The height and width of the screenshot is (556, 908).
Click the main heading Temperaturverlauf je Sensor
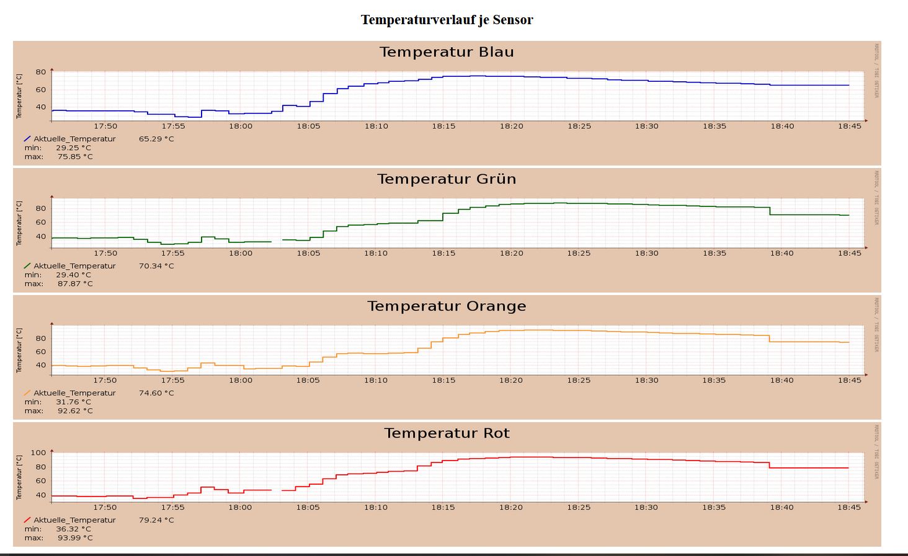[447, 20]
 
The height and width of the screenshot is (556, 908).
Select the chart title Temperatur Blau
[447, 52]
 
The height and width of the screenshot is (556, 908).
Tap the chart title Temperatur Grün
[447, 179]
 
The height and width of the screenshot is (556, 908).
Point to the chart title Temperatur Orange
[447, 306]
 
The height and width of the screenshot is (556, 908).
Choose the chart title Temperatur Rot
[447, 433]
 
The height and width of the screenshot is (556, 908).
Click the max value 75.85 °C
[75, 157]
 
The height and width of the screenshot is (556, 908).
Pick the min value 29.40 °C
[73, 275]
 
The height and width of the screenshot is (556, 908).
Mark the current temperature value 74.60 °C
[156, 393]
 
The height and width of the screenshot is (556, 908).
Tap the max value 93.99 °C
[75, 538]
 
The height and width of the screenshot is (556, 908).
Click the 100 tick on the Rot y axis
[38, 452]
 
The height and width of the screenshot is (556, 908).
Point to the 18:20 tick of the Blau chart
[512, 126]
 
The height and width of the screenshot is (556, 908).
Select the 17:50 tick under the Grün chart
[105, 254]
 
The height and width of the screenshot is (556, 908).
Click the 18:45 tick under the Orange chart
[850, 381]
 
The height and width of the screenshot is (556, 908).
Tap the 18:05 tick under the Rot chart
[308, 508]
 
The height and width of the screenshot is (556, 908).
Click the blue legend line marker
[27, 139]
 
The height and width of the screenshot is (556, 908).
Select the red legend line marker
[27, 520]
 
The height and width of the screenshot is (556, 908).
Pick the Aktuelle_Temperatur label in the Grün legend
[74, 266]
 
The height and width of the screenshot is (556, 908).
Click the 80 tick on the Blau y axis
[41, 72]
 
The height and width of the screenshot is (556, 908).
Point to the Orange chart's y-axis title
[19, 350]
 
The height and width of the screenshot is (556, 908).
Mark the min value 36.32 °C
[73, 529]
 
